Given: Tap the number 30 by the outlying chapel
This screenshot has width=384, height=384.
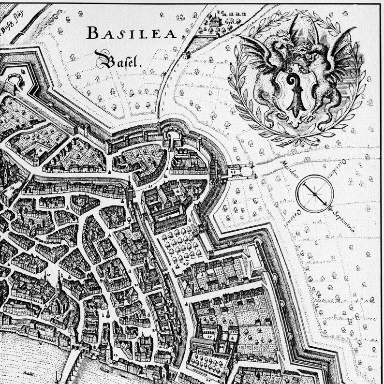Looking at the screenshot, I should pos(220,12).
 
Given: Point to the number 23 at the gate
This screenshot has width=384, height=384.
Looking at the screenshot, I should pos(233,171).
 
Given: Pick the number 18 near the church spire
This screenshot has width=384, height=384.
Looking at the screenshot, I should pos(47,274).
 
